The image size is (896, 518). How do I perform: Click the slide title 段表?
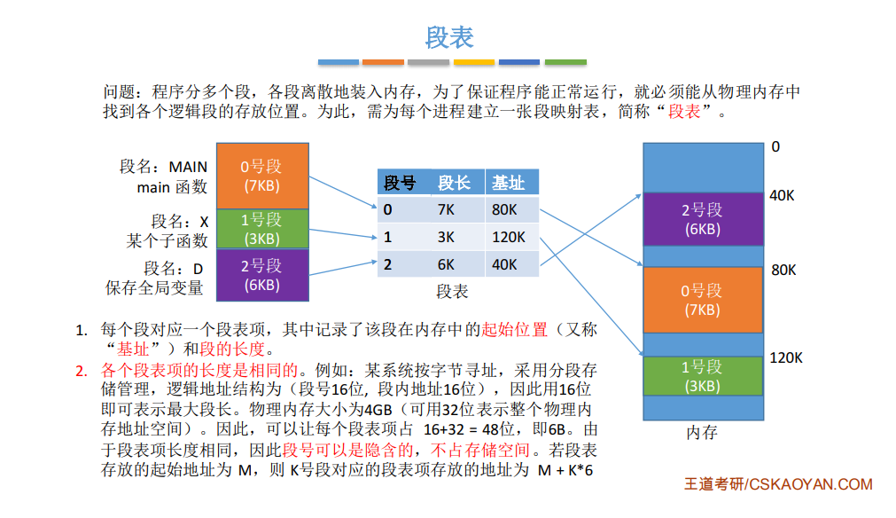pyautogui.click(x=449, y=36)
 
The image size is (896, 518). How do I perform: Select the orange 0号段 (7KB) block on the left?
pyautogui.click(x=261, y=176)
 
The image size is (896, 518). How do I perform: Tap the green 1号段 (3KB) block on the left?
pyautogui.click(x=261, y=229)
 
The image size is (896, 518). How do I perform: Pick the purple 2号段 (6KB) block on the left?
pyautogui.click(x=261, y=275)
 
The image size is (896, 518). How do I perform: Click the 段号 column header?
pyautogui.click(x=400, y=183)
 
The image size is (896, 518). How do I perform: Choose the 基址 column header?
pyautogui.click(x=509, y=183)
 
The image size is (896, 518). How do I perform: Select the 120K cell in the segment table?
pyautogui.click(x=508, y=238)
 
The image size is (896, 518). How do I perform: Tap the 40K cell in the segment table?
pyautogui.click(x=504, y=264)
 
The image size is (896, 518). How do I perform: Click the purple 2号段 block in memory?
pyautogui.click(x=702, y=219)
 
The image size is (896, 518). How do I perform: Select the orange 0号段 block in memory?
pyautogui.click(x=702, y=300)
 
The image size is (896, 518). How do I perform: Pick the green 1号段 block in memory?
pyautogui.click(x=702, y=376)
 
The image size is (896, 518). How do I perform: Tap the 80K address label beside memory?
pyautogui.click(x=783, y=271)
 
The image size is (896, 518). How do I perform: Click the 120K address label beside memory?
pyautogui.click(x=786, y=358)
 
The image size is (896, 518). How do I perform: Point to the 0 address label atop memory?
pyautogui.click(x=775, y=146)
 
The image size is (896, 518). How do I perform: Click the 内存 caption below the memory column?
pyautogui.click(x=702, y=433)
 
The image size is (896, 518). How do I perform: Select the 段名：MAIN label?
pyautogui.click(x=164, y=167)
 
